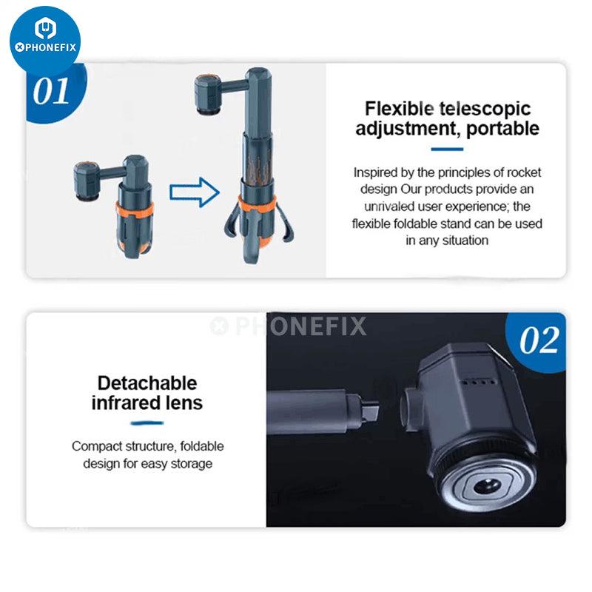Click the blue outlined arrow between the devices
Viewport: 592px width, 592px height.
tap(195, 192)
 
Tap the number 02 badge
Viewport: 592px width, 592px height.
tap(538, 340)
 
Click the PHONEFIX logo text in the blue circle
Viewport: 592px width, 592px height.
tap(45, 47)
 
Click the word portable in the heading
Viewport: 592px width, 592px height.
tap(502, 129)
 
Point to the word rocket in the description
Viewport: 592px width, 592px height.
tap(523, 172)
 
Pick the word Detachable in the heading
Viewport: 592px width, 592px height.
tap(147, 383)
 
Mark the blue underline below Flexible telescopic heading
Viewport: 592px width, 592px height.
tap(447, 149)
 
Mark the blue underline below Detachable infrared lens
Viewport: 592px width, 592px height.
tap(147, 423)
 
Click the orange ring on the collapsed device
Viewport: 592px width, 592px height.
tap(135, 209)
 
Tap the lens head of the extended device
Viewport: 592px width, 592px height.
tap(209, 94)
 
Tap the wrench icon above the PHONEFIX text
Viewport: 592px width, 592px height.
tap(45, 28)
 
